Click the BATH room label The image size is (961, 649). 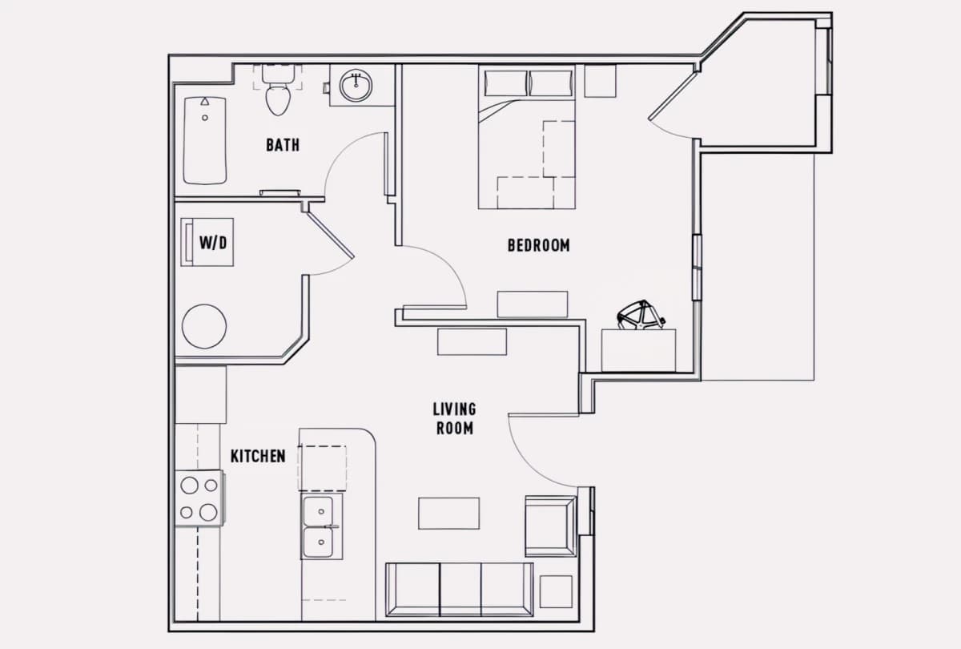[x=283, y=145]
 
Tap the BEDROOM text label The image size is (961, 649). [x=538, y=245]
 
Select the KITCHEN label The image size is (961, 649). [x=258, y=456]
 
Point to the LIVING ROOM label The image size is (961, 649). [x=454, y=418]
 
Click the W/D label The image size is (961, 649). [x=213, y=243]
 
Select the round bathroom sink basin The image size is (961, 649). [x=356, y=86]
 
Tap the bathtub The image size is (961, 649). [x=205, y=141]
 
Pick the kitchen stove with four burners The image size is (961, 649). [x=199, y=498]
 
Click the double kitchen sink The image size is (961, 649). [x=321, y=526]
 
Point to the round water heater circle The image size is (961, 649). [x=204, y=327]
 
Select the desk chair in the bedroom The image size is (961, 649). [x=641, y=315]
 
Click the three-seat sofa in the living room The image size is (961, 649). [x=460, y=590]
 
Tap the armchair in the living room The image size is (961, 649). [x=551, y=526]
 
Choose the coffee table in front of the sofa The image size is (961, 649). [x=448, y=514]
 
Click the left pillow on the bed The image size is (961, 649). [x=506, y=83]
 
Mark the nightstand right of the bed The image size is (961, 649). [x=600, y=81]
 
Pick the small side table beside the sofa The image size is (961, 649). [x=556, y=591]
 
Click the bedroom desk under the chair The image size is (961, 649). [x=638, y=350]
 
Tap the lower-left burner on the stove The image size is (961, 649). [x=186, y=512]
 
